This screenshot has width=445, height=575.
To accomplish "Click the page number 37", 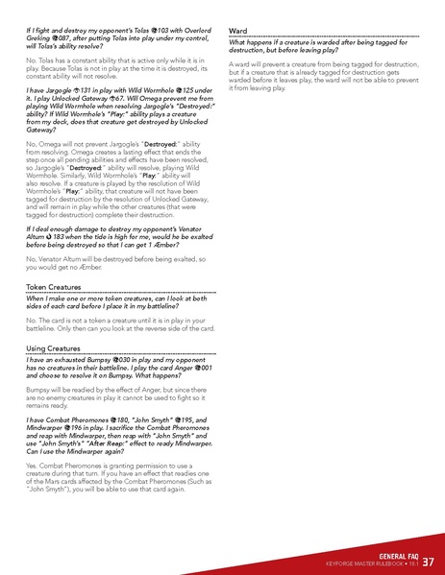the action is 428,562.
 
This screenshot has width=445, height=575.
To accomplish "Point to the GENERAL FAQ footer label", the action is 397,556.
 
